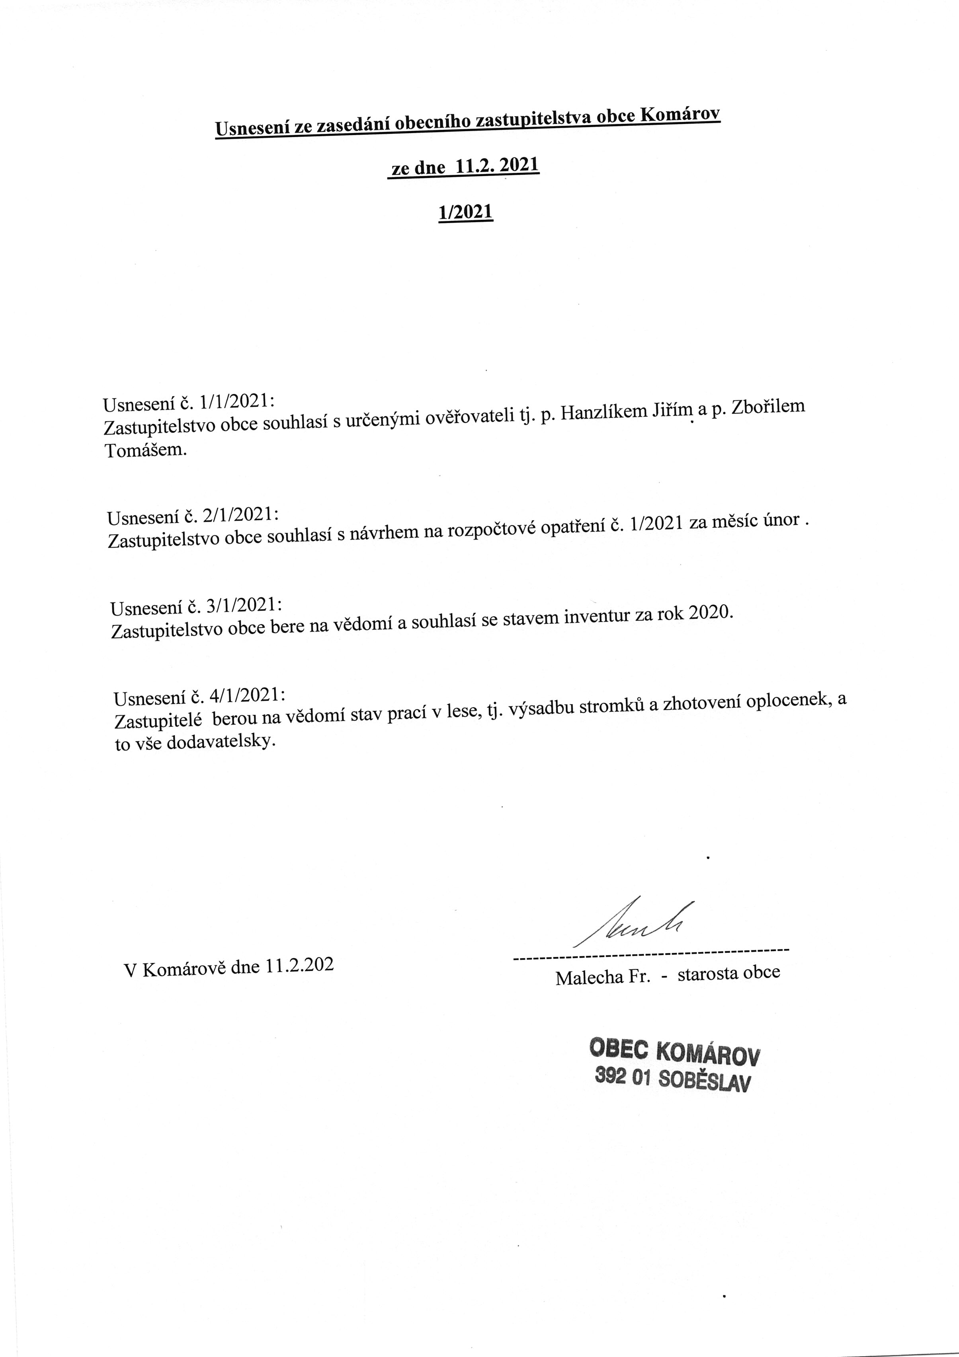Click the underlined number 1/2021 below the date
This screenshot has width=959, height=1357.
(465, 212)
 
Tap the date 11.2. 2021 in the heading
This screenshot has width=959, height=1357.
(496, 166)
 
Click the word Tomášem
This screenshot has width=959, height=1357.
(145, 450)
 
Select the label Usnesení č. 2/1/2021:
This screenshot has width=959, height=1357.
(193, 516)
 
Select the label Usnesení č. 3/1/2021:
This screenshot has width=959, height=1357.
(196, 606)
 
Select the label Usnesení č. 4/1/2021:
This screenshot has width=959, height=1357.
(199, 697)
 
